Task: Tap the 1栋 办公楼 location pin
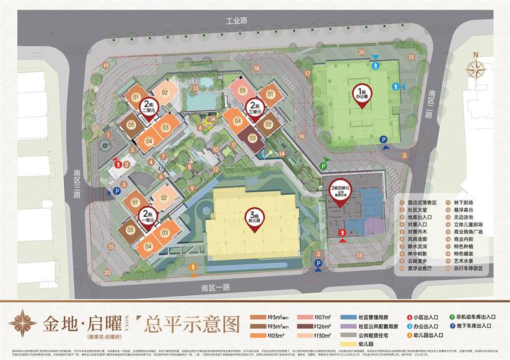363,96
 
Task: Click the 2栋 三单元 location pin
256,109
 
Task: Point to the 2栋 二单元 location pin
149,108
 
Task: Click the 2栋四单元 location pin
341,191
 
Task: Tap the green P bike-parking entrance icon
323,166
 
